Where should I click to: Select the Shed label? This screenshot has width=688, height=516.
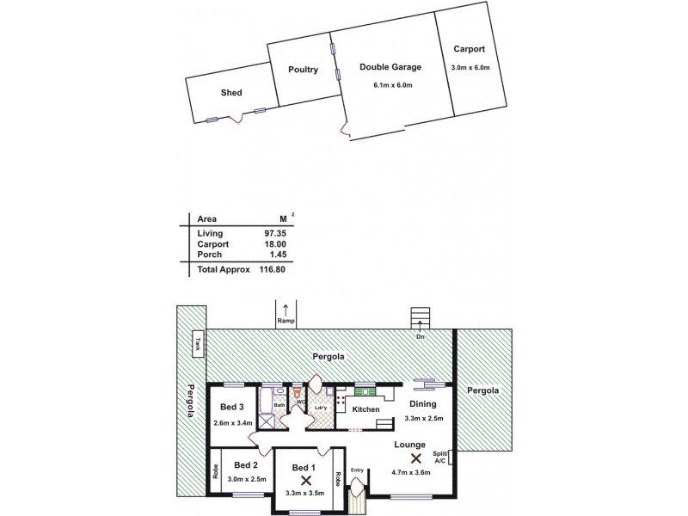tap(230, 93)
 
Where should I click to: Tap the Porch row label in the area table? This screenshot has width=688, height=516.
tap(210, 255)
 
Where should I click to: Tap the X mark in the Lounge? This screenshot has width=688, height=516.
tap(416, 458)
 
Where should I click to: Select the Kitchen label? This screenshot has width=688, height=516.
tap(365, 409)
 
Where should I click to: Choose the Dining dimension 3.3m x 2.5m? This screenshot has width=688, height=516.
tap(423, 419)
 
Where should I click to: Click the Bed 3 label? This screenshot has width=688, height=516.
tap(233, 407)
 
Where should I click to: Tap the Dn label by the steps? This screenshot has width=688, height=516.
tap(421, 337)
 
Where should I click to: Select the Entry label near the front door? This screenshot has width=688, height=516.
tap(357, 470)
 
